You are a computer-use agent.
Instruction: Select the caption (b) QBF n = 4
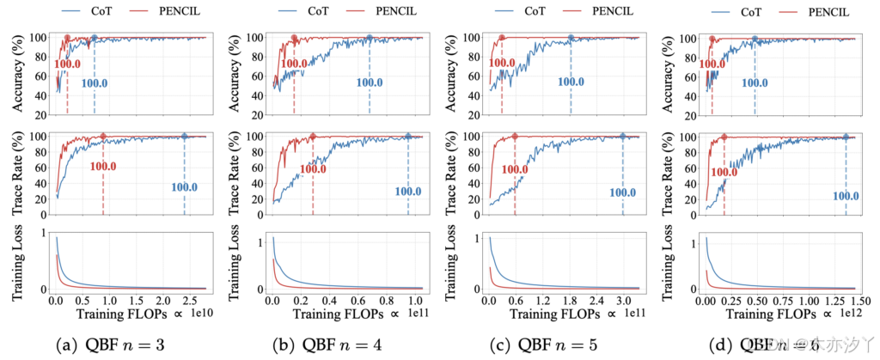[336, 345]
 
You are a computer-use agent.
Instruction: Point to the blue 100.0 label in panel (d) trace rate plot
[846, 196]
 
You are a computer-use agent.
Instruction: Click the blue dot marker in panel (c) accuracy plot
[570, 38]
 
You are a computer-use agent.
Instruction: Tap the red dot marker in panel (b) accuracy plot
[294, 38]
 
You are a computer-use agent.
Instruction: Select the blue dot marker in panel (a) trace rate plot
[185, 137]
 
